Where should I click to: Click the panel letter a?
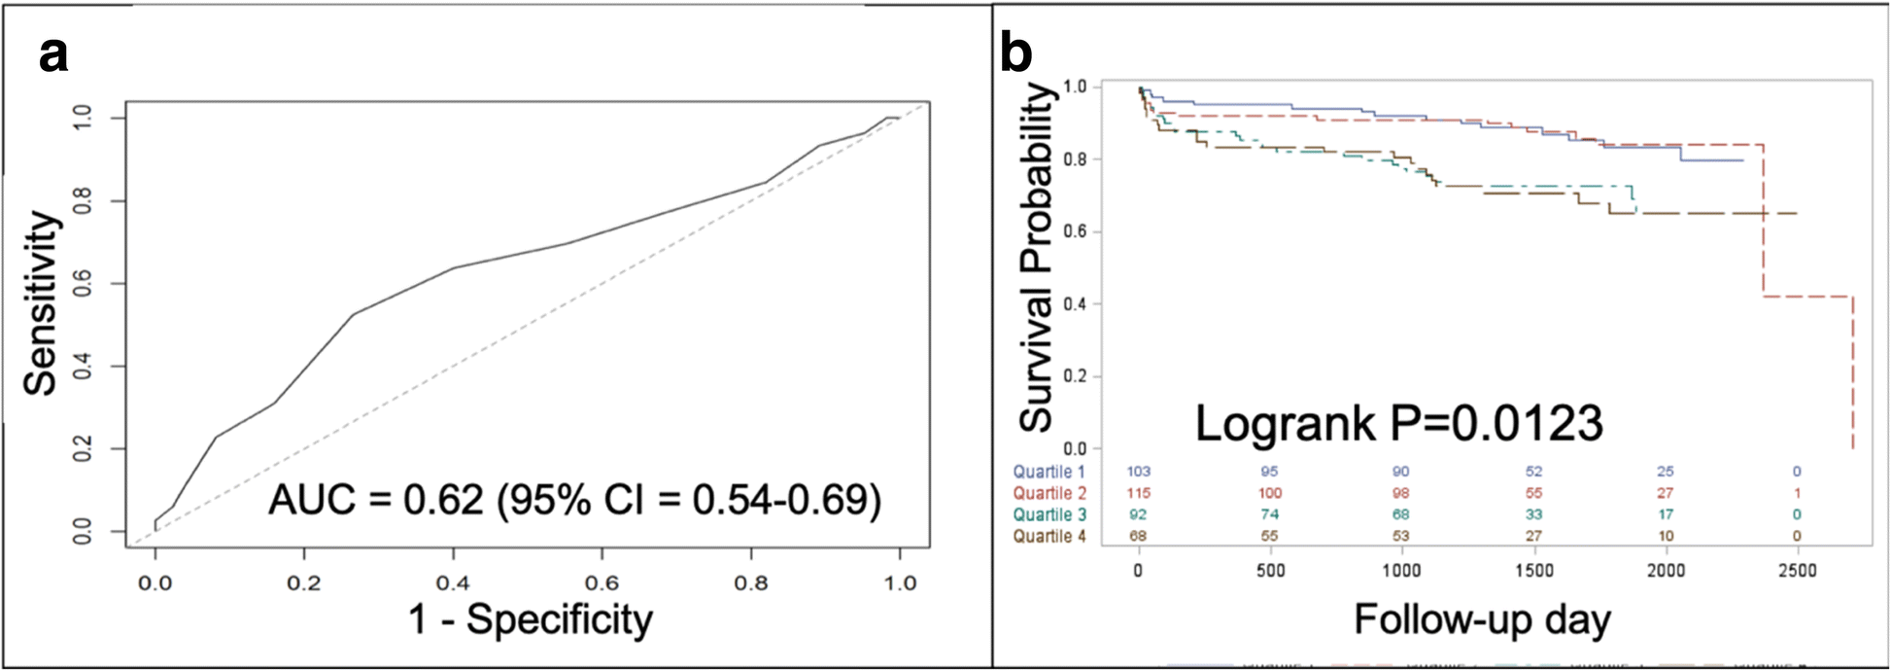click(53, 53)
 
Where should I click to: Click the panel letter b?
click(1015, 53)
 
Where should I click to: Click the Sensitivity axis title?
click(41, 303)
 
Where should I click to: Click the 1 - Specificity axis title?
click(531, 619)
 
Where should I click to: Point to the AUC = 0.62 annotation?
click(574, 500)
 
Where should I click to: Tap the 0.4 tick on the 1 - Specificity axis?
click(453, 583)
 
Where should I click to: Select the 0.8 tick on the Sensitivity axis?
click(85, 201)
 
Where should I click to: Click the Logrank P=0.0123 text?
click(1398, 423)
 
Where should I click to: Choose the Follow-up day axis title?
click(1482, 619)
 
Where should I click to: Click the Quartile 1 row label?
click(1049, 472)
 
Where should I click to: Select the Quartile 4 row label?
click(1049, 536)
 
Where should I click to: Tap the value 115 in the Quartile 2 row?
click(1138, 493)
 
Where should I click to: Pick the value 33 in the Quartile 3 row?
click(1533, 514)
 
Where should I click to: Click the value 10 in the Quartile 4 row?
click(1665, 536)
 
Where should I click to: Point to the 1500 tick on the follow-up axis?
click(1533, 571)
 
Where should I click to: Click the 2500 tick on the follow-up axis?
click(1797, 571)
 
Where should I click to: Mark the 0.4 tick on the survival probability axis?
click(1075, 304)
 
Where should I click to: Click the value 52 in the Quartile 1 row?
click(1533, 472)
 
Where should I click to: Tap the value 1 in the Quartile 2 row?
click(1797, 493)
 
